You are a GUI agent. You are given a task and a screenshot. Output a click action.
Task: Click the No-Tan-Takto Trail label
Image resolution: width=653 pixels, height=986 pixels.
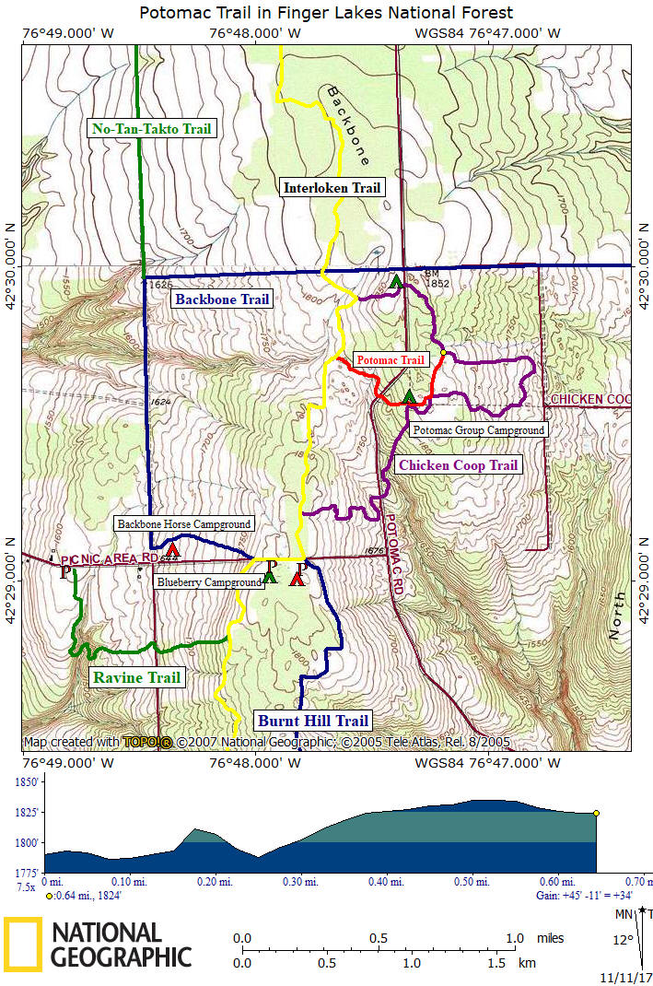click(x=152, y=129)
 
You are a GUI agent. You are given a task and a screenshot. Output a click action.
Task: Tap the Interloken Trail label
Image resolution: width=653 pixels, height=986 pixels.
click(x=332, y=188)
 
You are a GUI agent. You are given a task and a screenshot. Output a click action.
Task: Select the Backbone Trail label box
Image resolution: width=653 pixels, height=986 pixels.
click(x=222, y=299)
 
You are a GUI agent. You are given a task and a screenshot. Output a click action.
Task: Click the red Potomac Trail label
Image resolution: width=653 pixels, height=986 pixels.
click(x=391, y=360)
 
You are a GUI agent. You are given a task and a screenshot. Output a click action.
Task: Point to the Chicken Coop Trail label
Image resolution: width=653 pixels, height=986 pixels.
click(x=458, y=465)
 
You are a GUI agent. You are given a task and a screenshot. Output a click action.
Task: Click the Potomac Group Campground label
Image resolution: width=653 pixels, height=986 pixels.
click(x=478, y=429)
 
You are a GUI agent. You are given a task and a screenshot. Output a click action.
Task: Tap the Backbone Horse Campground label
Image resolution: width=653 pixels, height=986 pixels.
click(x=183, y=524)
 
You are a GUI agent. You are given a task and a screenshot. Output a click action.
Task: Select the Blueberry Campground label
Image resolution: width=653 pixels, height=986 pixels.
click(x=209, y=583)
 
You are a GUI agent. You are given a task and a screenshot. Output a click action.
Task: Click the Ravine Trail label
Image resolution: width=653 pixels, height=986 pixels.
click(x=136, y=678)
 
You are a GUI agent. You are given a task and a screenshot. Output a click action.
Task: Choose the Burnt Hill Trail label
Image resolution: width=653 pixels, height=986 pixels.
click(x=313, y=721)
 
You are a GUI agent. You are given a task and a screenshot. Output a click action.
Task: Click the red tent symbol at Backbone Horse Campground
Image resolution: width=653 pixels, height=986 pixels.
click(x=172, y=550)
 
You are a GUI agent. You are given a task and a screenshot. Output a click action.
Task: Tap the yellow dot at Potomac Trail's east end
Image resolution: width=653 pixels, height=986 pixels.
click(x=443, y=352)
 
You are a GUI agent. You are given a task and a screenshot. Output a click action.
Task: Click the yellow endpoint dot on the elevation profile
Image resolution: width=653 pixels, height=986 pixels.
click(x=597, y=813)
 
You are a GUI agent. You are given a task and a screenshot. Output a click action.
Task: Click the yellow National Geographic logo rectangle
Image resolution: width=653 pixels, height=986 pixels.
click(x=22, y=945)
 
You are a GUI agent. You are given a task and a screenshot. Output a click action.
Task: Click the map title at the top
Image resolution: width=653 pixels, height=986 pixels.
click(x=326, y=13)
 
